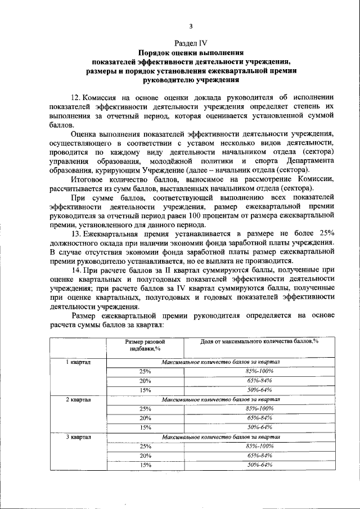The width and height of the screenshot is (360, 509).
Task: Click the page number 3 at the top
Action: point(191,26)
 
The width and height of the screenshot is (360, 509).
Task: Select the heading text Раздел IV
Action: point(191,42)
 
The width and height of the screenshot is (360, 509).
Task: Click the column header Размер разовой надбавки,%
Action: point(145,345)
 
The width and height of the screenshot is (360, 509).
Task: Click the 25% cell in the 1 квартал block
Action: point(146,372)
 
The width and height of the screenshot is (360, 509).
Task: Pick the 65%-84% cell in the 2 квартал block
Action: point(260,418)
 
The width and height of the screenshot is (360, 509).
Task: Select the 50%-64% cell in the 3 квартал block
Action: point(260,465)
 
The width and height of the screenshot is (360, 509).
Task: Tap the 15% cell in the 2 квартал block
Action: point(146,427)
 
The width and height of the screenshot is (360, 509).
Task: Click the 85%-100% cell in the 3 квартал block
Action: point(260,446)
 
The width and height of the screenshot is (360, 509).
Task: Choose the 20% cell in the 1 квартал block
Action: point(146,381)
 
